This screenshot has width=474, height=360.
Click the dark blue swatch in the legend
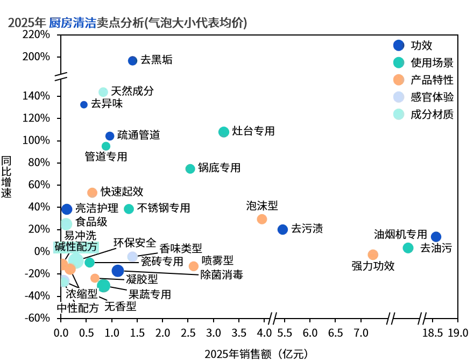click(x=398, y=45)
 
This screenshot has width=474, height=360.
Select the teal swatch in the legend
click(x=398, y=62)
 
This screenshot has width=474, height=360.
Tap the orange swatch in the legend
click(x=398, y=80)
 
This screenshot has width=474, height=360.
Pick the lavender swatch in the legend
click(x=398, y=97)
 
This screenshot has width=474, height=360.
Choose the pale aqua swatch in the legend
click(x=398, y=114)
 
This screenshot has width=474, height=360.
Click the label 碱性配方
click(x=76, y=247)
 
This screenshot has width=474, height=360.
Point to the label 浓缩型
click(x=81, y=294)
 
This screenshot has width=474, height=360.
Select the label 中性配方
click(x=77, y=308)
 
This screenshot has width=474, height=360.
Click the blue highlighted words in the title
click(x=72, y=23)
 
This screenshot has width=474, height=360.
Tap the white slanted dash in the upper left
click(x=61, y=77)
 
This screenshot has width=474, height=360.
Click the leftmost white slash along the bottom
click(x=273, y=318)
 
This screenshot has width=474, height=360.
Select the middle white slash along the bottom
click(x=391, y=319)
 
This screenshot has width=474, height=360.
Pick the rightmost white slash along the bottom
click(x=422, y=318)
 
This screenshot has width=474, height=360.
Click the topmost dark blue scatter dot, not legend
click(x=132, y=61)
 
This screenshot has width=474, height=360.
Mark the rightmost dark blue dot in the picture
click(x=436, y=236)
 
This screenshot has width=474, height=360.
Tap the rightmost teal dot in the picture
click(x=408, y=248)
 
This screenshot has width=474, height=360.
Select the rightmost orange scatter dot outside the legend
click(x=372, y=254)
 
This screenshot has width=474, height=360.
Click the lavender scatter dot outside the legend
click(x=132, y=256)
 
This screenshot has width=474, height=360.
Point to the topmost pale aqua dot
click(x=102, y=91)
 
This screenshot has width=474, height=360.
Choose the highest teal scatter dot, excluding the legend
click(x=223, y=131)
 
